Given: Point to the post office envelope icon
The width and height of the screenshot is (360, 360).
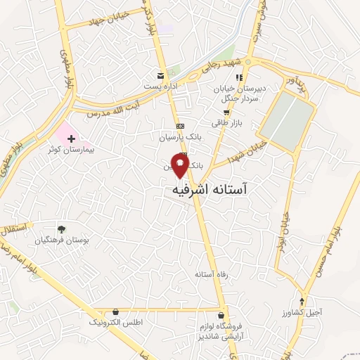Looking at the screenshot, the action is pyautogui.click(x=161, y=75).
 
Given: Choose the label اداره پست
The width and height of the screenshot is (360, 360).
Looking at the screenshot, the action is pyautogui.click(x=161, y=85).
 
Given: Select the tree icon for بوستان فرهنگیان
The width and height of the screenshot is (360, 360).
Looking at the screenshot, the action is pyautogui.click(x=62, y=229).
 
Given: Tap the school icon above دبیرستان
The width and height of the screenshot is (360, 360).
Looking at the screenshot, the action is pyautogui.click(x=238, y=77).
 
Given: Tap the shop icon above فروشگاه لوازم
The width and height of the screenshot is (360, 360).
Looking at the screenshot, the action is pyautogui.click(x=222, y=316).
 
